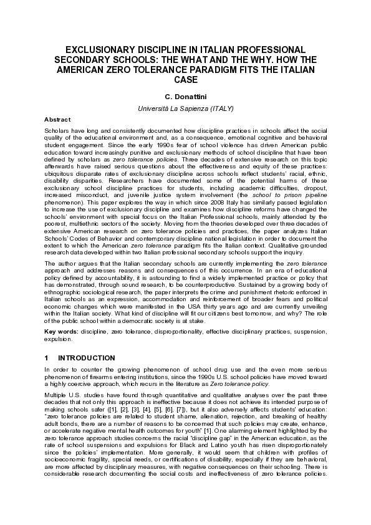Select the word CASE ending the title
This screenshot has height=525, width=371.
coord(185,79)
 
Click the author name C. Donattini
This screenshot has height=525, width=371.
coord(185,97)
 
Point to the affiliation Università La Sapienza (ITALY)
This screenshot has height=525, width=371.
coord(185,108)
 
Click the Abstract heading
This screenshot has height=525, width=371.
coord(57,119)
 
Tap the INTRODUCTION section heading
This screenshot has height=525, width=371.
coord(87,359)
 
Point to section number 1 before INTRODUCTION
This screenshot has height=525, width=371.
coord(46,359)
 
